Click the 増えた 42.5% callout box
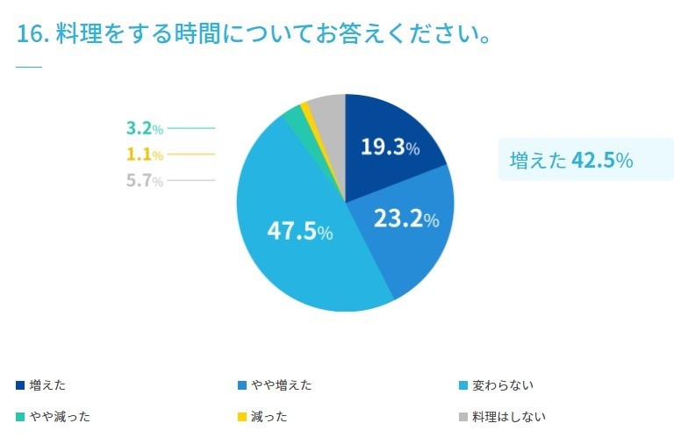(x=584, y=160)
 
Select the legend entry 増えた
(x=47, y=385)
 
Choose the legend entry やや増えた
(x=281, y=385)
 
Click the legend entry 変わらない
(x=503, y=385)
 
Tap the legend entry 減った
(x=269, y=416)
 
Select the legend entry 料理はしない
(x=508, y=416)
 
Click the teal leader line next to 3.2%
(x=190, y=128)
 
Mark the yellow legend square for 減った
(x=242, y=416)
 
